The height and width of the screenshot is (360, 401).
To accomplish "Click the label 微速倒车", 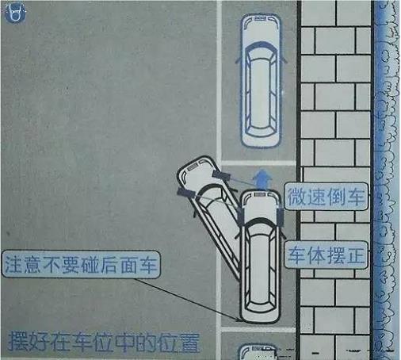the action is (x=326, y=197).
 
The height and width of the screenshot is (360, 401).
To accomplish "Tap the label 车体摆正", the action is (x=327, y=255).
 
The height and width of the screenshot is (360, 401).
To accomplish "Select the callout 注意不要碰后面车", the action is (x=81, y=265).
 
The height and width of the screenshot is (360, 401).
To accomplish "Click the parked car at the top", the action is (x=261, y=80).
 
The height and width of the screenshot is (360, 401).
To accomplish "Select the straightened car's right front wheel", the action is (x=280, y=216).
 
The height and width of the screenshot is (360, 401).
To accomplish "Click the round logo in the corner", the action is (x=15, y=13).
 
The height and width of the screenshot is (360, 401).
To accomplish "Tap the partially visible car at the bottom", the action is (x=258, y=351).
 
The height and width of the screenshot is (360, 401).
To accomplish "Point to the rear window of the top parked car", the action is (x=261, y=130).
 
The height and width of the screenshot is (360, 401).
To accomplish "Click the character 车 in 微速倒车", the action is (x=356, y=197).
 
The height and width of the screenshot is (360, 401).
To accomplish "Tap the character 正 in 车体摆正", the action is (x=356, y=255).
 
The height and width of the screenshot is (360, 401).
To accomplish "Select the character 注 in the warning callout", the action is (x=13, y=265).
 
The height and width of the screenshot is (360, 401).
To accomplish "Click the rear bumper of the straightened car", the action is (x=260, y=319).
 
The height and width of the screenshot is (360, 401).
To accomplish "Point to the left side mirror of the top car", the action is (x=238, y=59).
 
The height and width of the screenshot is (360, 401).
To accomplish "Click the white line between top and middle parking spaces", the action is (x=258, y=163).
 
